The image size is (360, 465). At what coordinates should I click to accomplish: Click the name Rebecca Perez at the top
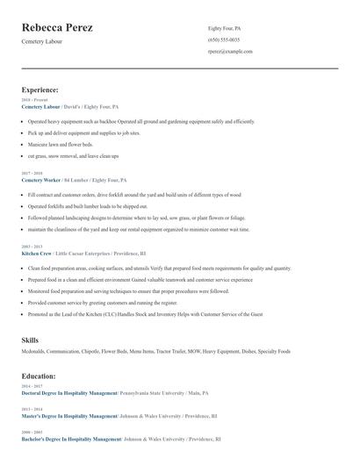click(57, 28)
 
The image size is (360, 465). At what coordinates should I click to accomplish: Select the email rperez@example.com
click(230, 52)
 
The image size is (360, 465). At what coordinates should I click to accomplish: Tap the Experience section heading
click(40, 89)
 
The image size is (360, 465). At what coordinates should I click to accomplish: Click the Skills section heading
click(30, 340)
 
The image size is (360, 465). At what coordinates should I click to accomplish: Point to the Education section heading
click(39, 376)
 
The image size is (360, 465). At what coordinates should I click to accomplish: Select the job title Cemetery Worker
click(41, 179)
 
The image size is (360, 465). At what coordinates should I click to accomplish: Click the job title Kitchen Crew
click(37, 253)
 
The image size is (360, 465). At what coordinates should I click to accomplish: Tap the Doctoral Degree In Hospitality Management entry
click(69, 394)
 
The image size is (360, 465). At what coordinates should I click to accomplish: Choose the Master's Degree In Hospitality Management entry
click(68, 416)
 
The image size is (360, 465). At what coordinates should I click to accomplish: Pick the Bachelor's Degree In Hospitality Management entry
click(71, 439)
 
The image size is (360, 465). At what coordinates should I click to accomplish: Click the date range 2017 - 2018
click(32, 173)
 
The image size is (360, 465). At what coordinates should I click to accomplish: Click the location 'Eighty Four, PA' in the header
click(225, 28)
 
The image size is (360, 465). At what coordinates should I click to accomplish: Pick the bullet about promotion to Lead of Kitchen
click(145, 313)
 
